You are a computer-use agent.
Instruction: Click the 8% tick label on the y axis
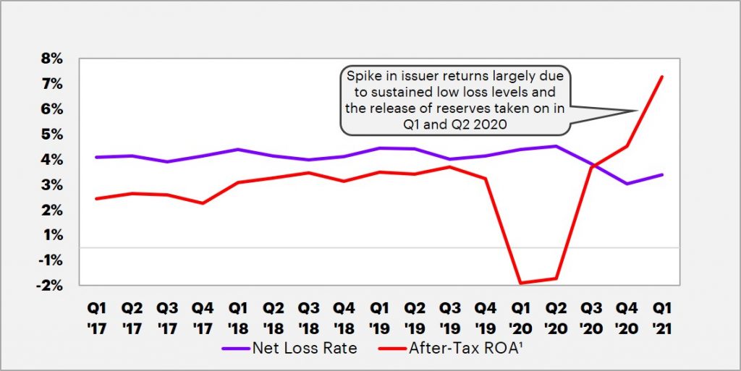point(53,59)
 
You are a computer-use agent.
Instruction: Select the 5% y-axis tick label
point(53,134)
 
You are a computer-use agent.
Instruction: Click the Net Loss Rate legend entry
point(304,348)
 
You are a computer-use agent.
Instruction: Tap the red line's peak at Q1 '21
point(662,77)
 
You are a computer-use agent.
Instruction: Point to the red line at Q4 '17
point(203,203)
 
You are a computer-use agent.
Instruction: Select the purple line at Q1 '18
point(238,149)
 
